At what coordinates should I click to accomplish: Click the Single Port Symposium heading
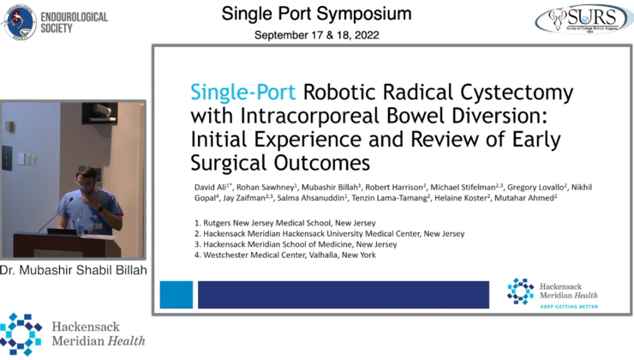tap(316, 14)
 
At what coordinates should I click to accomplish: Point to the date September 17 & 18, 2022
tap(316, 35)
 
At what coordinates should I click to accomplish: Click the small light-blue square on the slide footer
tap(176, 294)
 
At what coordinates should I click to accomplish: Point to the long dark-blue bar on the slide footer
tap(343, 294)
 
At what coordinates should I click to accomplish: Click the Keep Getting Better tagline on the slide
tap(566, 304)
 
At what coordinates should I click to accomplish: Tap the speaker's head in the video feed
tap(88, 177)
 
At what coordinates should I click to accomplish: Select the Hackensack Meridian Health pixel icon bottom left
tap(21, 333)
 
